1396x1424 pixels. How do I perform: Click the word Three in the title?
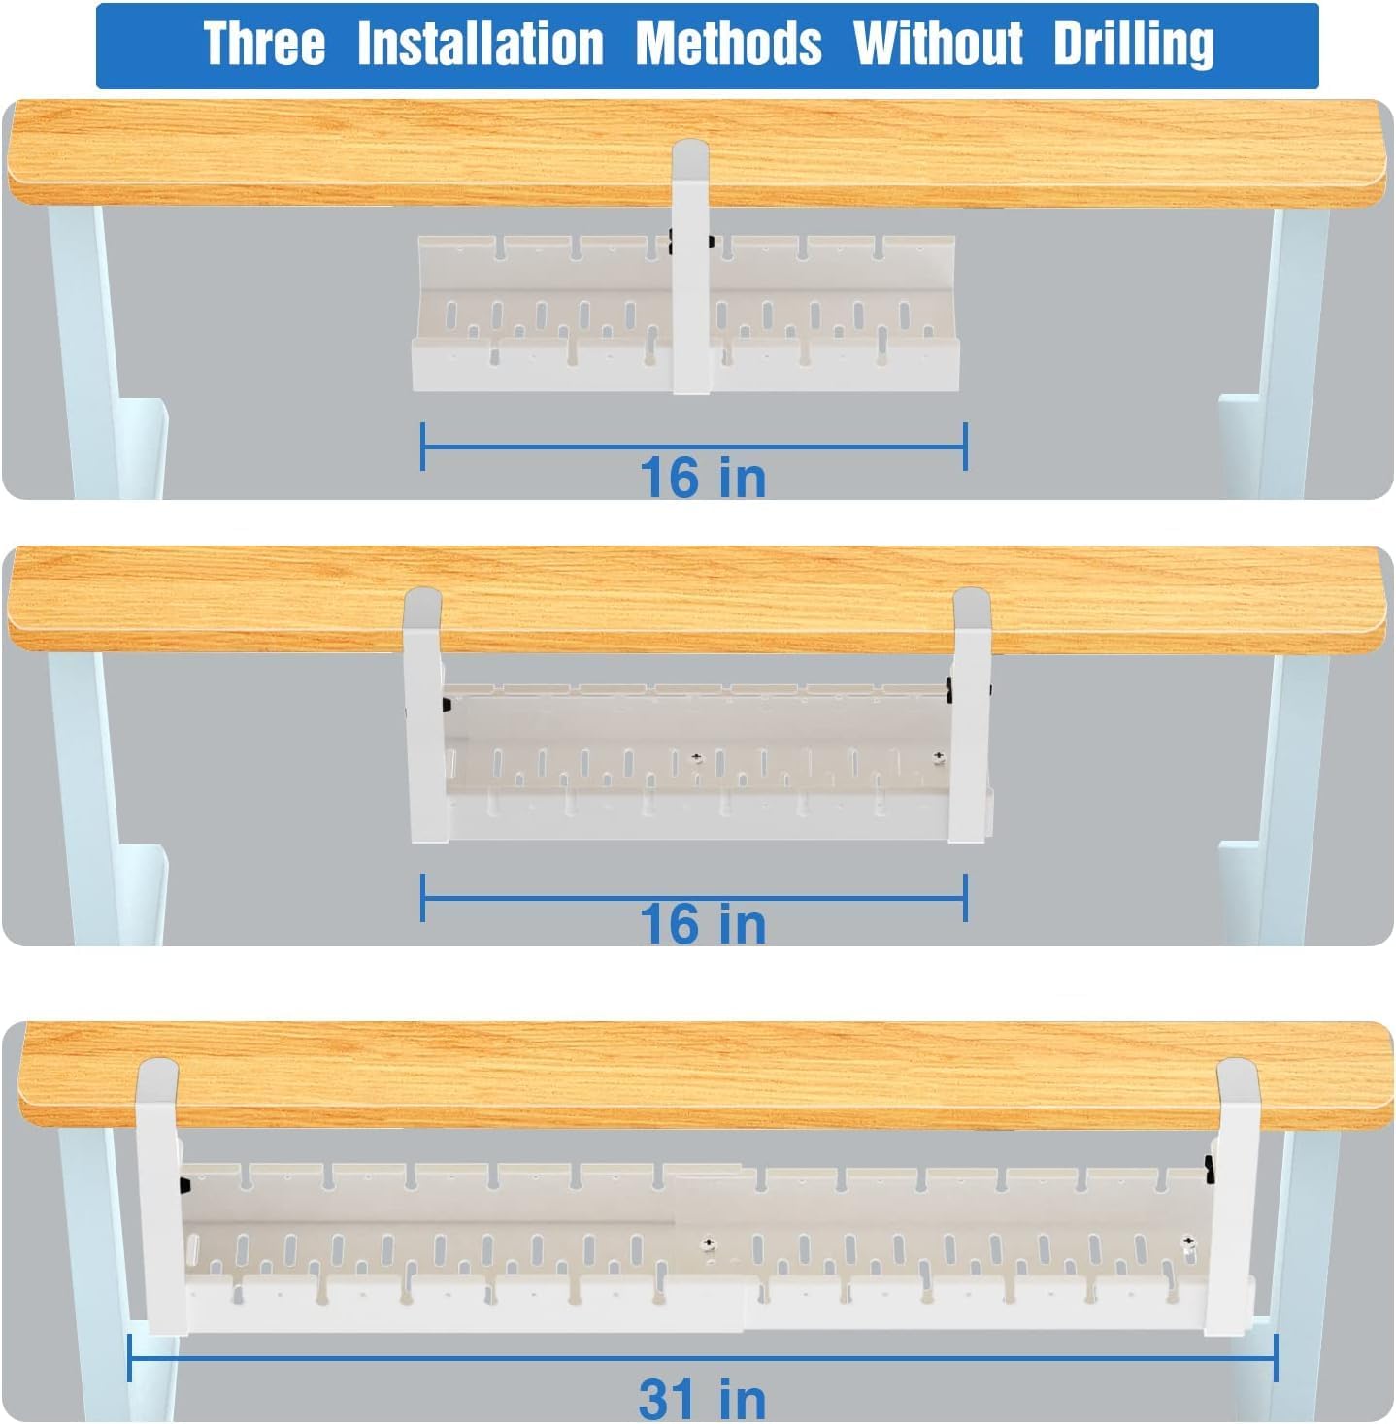264,45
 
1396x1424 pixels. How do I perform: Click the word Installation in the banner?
480,45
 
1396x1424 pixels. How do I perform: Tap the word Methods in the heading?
728,45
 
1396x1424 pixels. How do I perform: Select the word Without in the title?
938,45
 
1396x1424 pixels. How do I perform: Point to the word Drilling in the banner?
1133,45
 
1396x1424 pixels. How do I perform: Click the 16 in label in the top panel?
703,478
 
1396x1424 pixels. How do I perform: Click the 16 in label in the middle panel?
703,923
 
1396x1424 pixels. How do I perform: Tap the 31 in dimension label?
703,1399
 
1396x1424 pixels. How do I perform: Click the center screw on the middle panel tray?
696,758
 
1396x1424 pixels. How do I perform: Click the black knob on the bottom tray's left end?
182,1184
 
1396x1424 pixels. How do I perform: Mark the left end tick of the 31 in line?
130,1357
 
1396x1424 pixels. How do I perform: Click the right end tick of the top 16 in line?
965,447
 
